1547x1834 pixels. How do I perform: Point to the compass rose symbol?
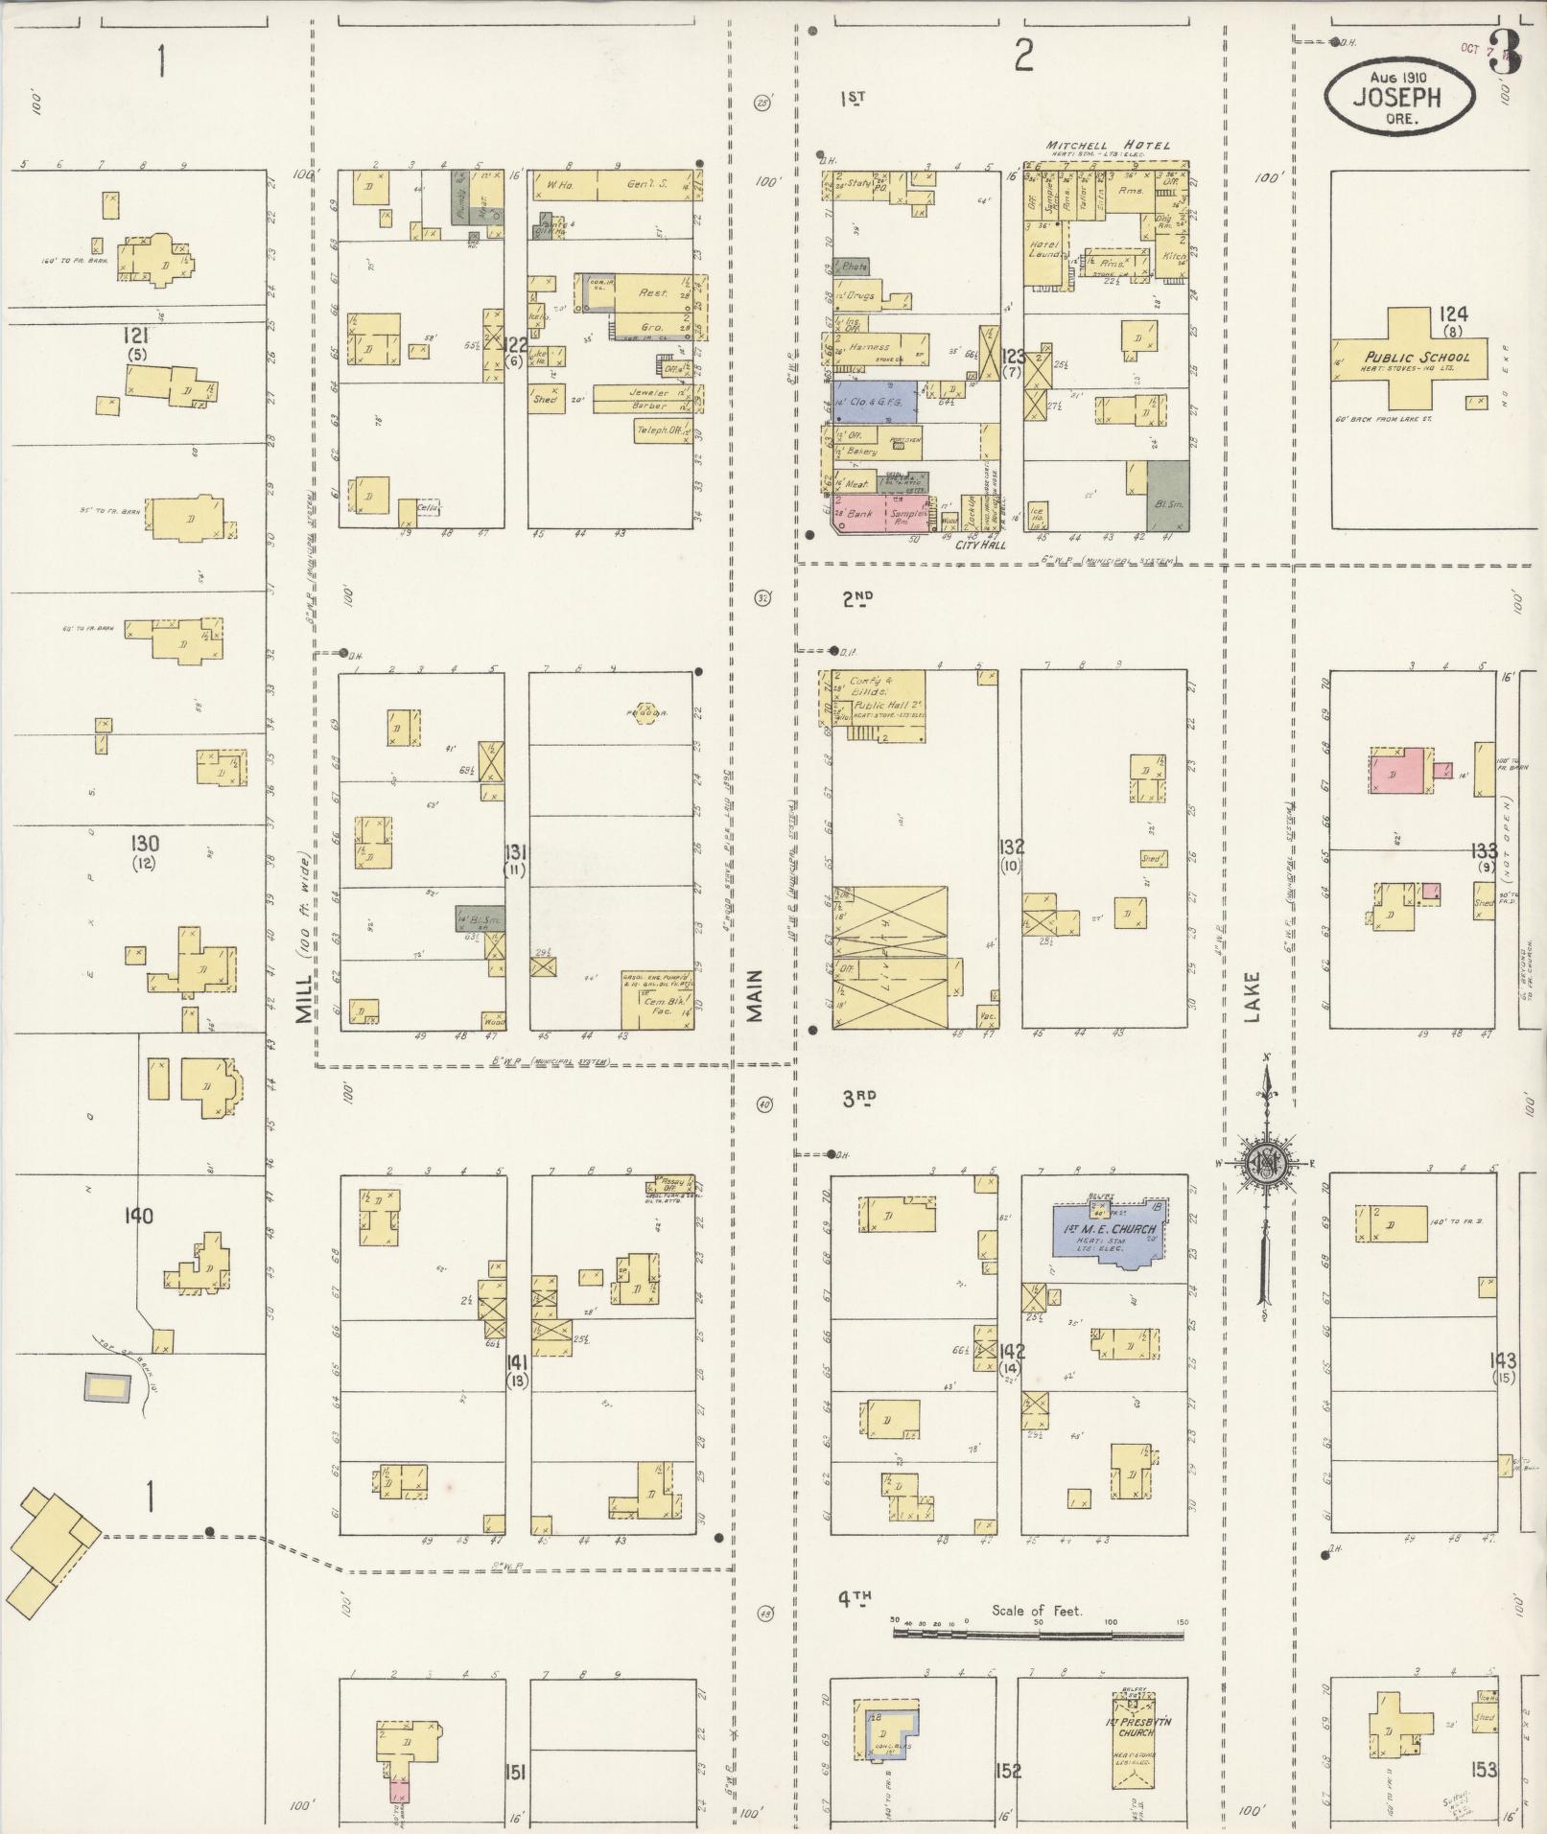click(x=1266, y=1163)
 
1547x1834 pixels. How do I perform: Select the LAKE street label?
click(x=1253, y=997)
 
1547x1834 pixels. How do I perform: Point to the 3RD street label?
click(x=860, y=1100)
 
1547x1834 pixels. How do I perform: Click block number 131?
click(x=516, y=853)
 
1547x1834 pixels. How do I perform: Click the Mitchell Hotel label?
click(x=1109, y=145)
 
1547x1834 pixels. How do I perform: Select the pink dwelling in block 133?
click(x=1398, y=769)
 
